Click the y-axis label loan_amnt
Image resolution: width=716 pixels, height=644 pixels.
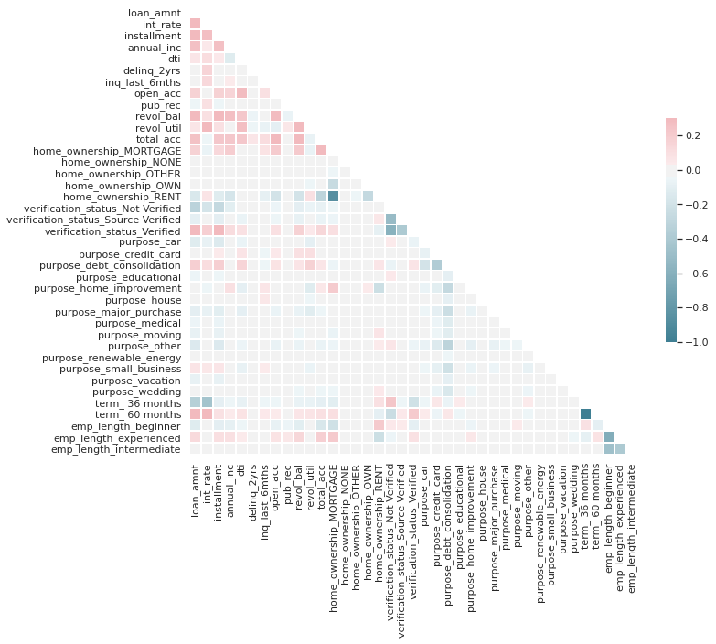click(x=155, y=14)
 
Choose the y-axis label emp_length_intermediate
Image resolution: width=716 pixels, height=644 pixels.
click(x=116, y=449)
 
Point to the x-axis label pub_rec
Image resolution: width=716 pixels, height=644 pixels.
click(x=287, y=479)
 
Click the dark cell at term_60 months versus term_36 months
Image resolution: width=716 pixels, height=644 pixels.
click(x=585, y=414)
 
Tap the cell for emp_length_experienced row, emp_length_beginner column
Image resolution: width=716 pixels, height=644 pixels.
click(x=608, y=437)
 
